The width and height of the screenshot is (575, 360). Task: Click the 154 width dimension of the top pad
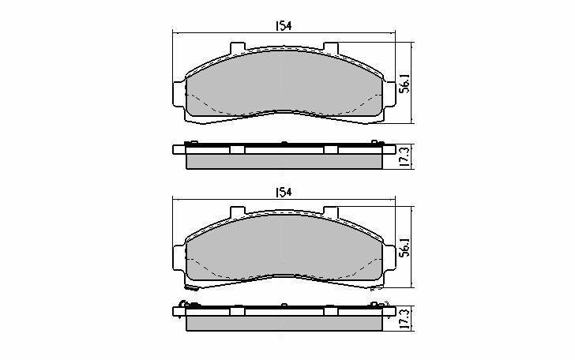point(284,26)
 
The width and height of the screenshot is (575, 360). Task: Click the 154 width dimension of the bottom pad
point(284,192)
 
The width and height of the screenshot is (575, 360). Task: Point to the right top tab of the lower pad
point(331,212)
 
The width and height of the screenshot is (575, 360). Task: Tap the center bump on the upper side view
point(284,143)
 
